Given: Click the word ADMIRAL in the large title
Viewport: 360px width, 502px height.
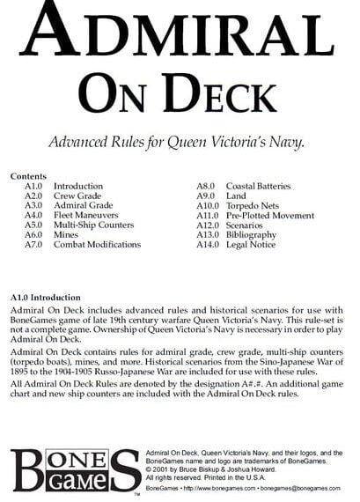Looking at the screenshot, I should click(x=180, y=34).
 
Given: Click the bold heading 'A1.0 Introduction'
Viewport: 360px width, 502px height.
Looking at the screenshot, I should click(x=55, y=298).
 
